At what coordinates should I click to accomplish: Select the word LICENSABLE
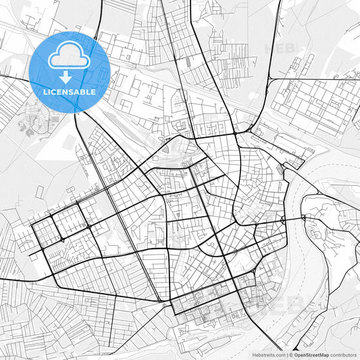pos(70,91)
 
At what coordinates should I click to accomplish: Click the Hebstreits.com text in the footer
pos(268,355)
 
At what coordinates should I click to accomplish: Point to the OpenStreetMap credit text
pos(311,355)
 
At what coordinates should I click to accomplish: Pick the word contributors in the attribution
pos(343,355)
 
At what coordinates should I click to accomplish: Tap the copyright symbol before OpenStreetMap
pos(291,355)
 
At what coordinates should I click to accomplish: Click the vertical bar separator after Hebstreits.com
pos(286,355)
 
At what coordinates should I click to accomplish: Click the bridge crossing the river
pos(293,220)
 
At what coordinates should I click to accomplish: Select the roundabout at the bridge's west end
pos(283,221)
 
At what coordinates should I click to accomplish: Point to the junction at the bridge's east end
pos(304,217)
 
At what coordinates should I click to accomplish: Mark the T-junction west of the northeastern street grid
pos(269,79)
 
